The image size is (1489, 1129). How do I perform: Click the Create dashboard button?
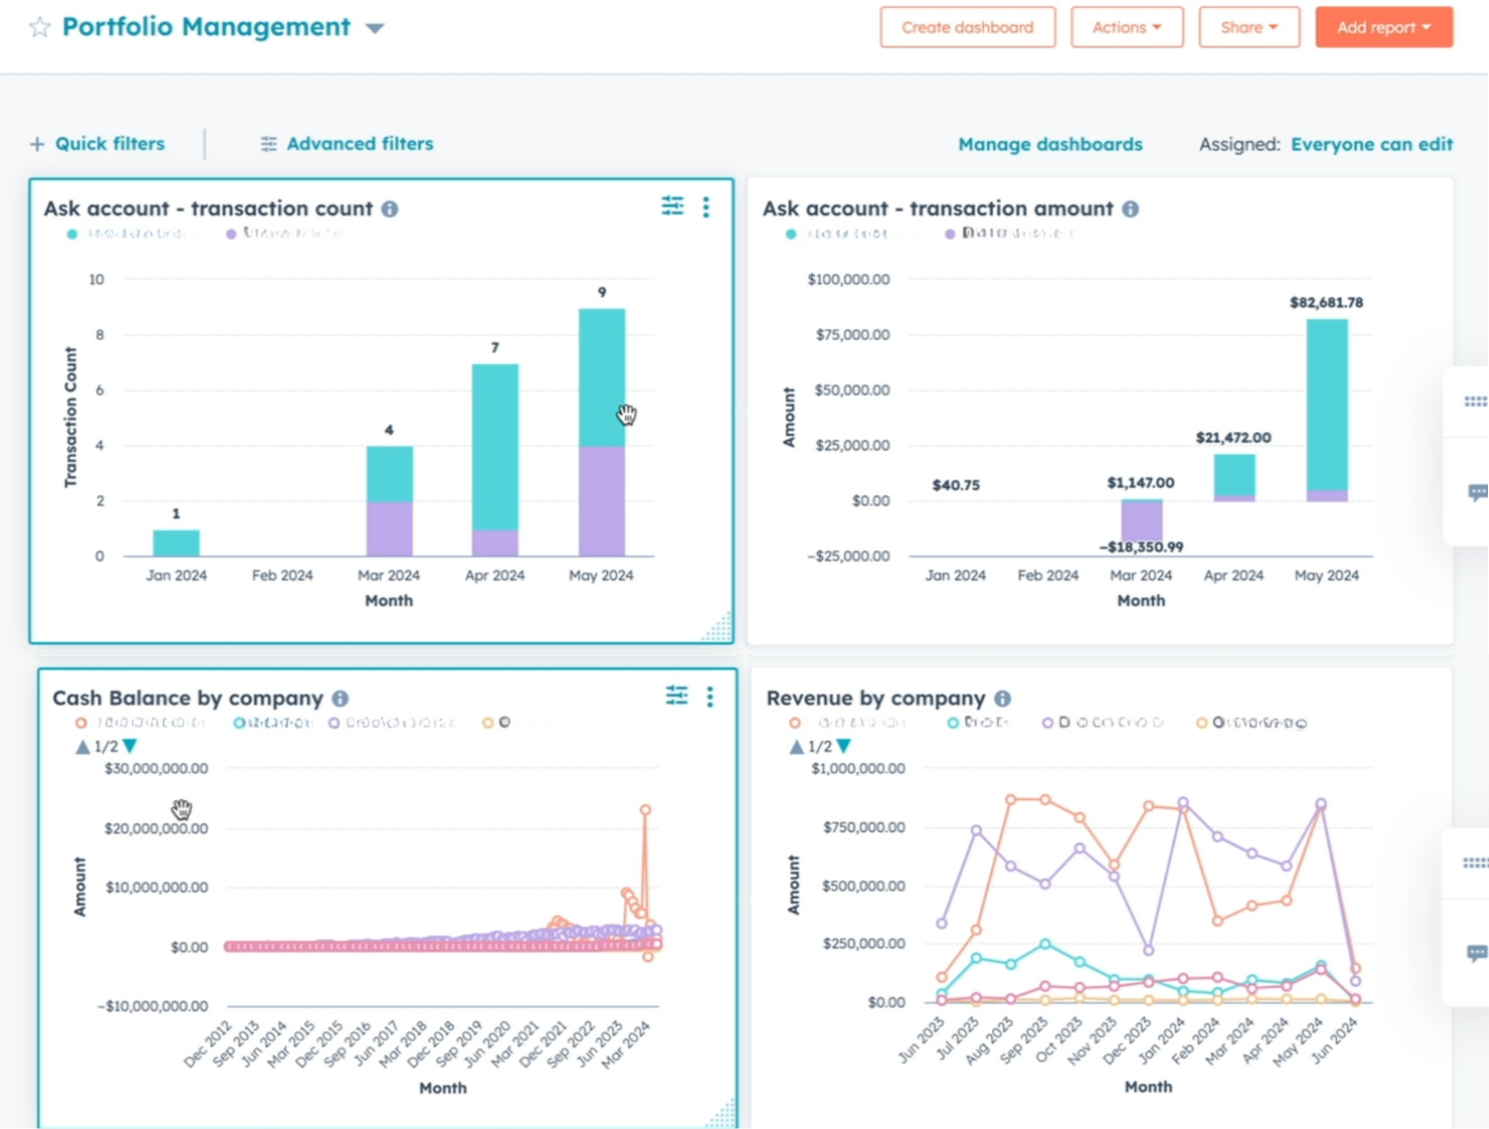pyautogui.click(x=967, y=28)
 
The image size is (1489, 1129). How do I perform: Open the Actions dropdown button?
pyautogui.click(x=1126, y=28)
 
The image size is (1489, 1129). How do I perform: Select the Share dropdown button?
pyautogui.click(x=1248, y=28)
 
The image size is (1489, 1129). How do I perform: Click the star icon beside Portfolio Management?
pyautogui.click(x=40, y=27)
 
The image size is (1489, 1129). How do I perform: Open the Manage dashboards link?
pyautogui.click(x=1050, y=144)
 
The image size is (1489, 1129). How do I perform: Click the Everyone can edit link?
pyautogui.click(x=1371, y=144)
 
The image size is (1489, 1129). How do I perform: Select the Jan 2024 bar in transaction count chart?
pyautogui.click(x=176, y=543)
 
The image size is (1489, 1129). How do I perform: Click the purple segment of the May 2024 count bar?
pyautogui.click(x=601, y=501)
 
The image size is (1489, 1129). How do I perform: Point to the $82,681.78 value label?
pyautogui.click(x=1326, y=302)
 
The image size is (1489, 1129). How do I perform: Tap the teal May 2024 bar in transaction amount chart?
pyautogui.click(x=1327, y=403)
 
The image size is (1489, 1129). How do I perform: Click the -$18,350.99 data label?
pyautogui.click(x=1141, y=547)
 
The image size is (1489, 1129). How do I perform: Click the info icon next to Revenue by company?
pyautogui.click(x=1003, y=699)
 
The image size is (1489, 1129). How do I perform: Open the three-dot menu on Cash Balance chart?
pyautogui.click(x=710, y=697)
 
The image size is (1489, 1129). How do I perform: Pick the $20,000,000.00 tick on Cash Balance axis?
pyautogui.click(x=156, y=828)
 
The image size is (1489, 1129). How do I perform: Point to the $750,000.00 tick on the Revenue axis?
pyautogui.click(x=864, y=827)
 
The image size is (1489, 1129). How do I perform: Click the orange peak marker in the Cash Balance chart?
pyautogui.click(x=645, y=810)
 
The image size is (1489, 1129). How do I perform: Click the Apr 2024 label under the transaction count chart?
pyautogui.click(x=494, y=575)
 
